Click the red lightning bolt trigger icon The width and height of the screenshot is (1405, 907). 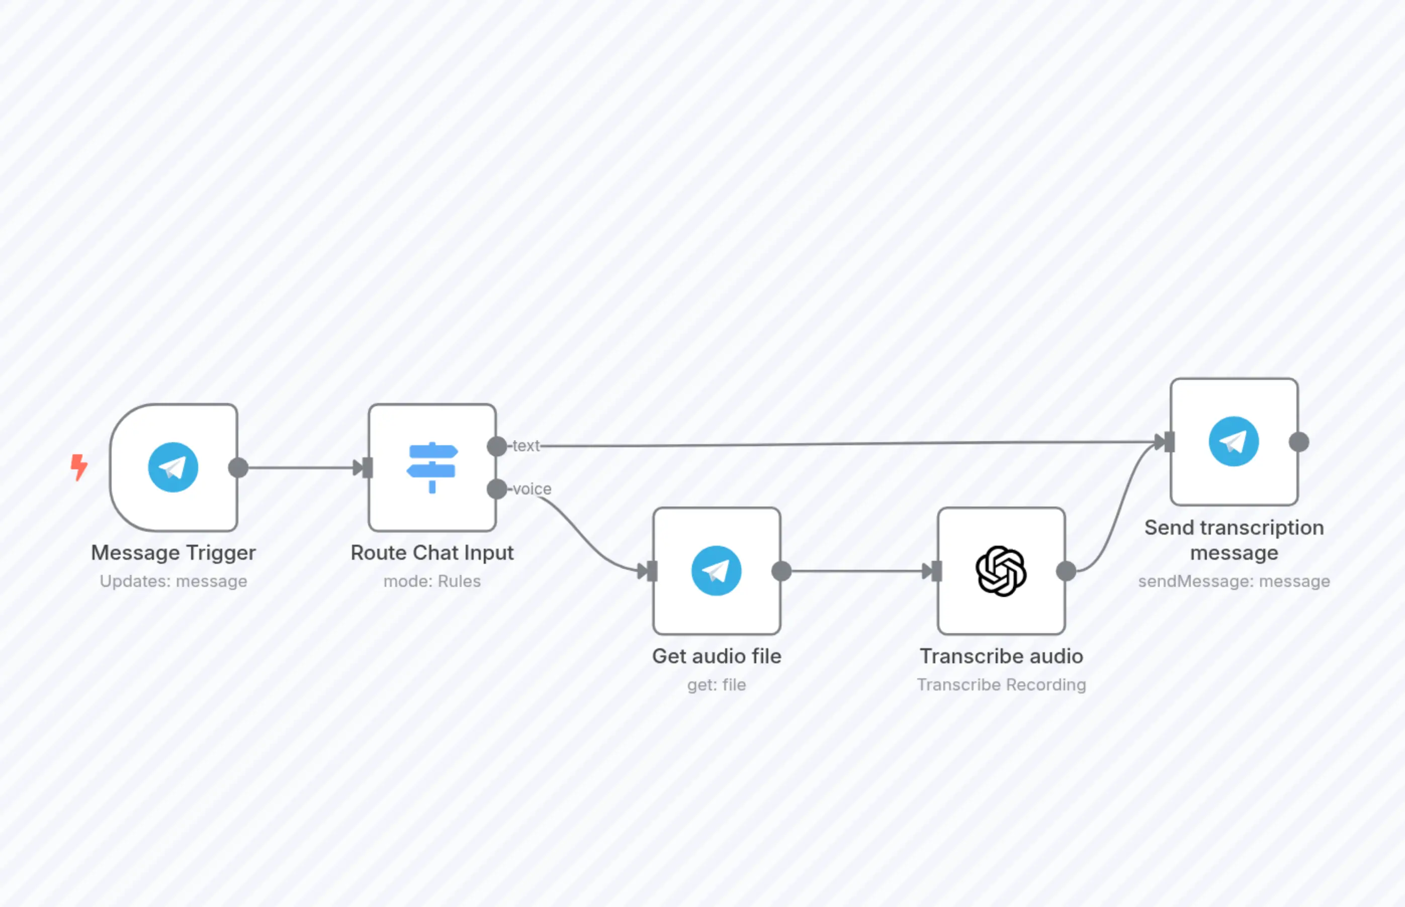[x=79, y=467]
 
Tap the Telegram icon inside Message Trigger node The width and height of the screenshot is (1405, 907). [x=172, y=467]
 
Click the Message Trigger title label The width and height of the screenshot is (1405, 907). [x=173, y=552]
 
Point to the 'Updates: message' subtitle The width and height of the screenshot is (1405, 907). [x=173, y=581]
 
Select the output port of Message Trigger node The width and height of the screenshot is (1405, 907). [x=238, y=468]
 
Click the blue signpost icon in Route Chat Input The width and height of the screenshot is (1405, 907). [x=432, y=467]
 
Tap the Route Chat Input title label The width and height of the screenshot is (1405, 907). [x=432, y=552]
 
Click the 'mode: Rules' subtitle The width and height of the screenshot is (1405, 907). [x=432, y=581]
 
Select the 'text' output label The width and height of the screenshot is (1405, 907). [x=525, y=446]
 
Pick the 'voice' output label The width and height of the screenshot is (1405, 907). [x=532, y=489]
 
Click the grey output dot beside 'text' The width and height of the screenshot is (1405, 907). [x=497, y=446]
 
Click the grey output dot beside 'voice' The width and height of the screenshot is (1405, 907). [x=497, y=489]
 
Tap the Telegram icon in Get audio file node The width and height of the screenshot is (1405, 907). [x=716, y=571]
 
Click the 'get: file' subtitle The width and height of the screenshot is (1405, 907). [x=716, y=685]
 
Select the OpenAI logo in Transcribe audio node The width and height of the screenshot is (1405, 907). [x=1001, y=571]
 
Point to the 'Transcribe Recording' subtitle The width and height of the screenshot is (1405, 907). [x=1001, y=685]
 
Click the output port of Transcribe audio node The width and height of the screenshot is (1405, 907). [x=1066, y=571]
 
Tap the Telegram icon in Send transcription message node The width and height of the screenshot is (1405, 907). [x=1234, y=442]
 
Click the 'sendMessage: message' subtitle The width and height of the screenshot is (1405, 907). [x=1234, y=581]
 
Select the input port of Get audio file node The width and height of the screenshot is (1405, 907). [x=651, y=571]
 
